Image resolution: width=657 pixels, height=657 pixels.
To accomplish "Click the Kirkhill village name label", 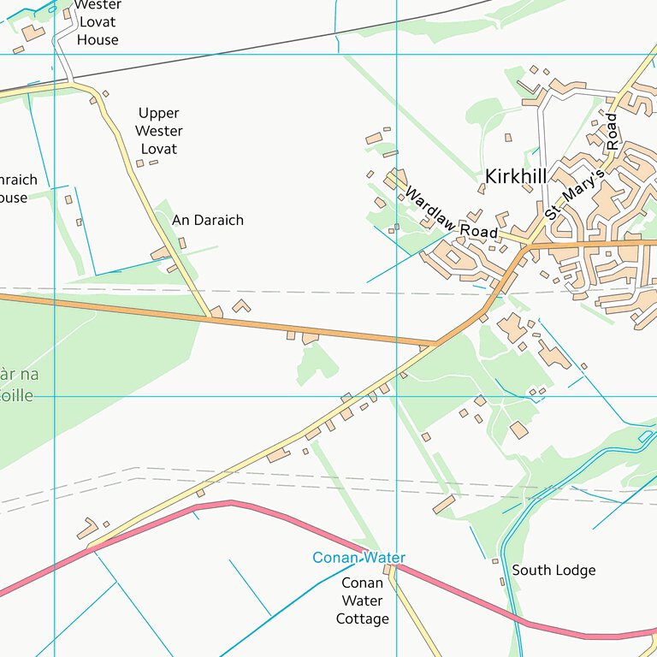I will point(515,176).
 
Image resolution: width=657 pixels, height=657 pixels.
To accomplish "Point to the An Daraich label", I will point(208,220).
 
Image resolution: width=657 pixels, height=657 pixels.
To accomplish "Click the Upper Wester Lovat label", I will point(159,131).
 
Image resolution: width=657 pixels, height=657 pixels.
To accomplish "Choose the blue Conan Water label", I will point(358,558).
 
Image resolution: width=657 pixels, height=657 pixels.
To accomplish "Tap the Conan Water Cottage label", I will point(363,601).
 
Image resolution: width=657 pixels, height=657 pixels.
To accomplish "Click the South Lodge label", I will point(553,570).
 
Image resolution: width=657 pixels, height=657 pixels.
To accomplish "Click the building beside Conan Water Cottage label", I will point(388,570).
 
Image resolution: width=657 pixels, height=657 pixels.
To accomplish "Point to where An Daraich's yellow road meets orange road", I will point(210,317).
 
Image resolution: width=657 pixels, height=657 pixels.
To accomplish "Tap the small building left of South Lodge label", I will point(494,561).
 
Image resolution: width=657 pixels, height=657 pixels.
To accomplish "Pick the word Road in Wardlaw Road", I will point(479,230).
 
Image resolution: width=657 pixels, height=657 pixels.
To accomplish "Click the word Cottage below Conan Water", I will point(363,619).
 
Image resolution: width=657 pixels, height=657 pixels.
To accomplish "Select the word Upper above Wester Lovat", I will point(159,113).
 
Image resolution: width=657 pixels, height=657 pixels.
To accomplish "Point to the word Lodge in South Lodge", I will point(575,570).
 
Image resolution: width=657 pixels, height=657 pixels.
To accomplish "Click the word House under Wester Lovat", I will point(98,40).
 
